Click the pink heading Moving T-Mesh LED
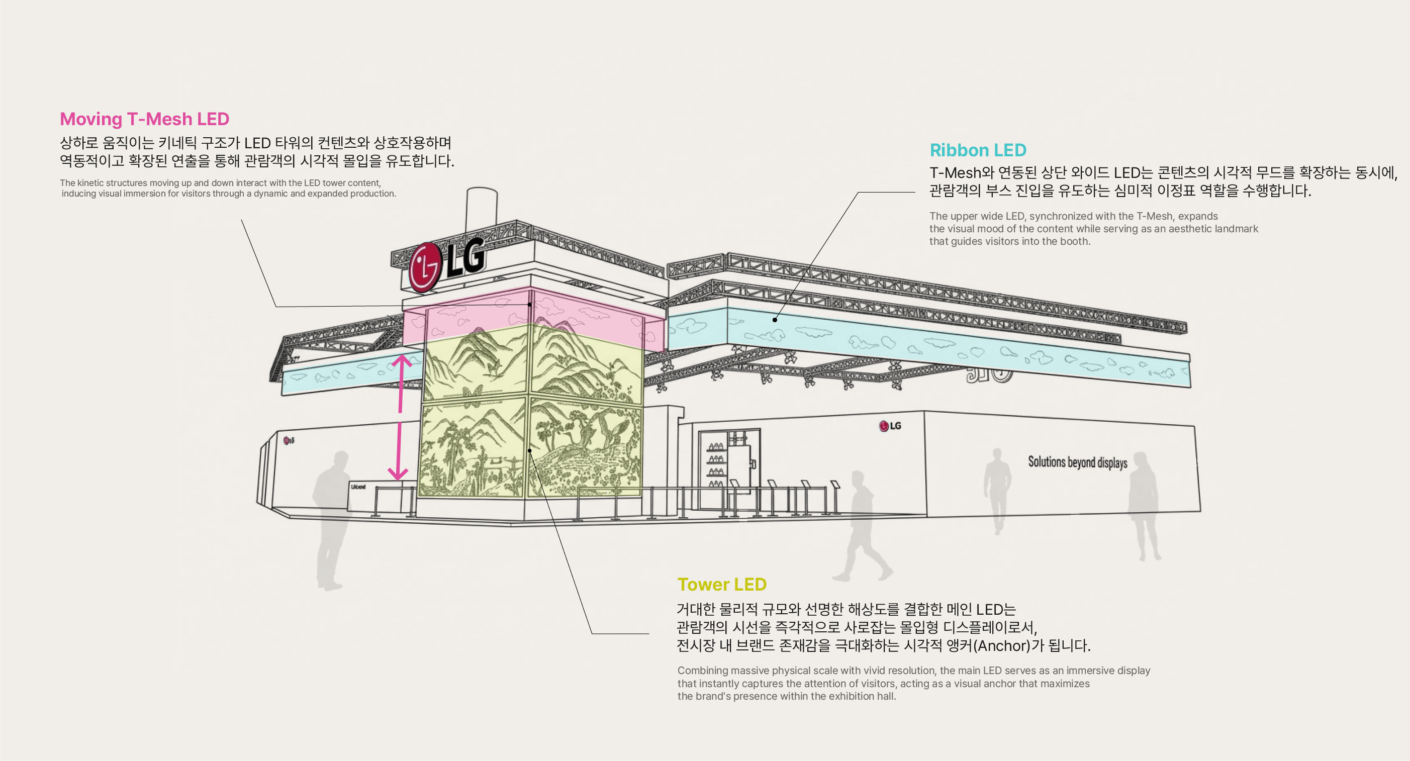[x=144, y=119]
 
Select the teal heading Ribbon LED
[x=978, y=150]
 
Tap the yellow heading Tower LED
[x=721, y=584]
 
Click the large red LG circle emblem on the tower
[x=425, y=267]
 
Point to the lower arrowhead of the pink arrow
[x=398, y=473]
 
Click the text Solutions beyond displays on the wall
[x=1077, y=462]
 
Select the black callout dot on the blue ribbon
[x=775, y=320]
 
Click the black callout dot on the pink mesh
[x=530, y=305]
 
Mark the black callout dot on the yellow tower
[x=530, y=450]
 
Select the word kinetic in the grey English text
[x=90, y=183]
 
